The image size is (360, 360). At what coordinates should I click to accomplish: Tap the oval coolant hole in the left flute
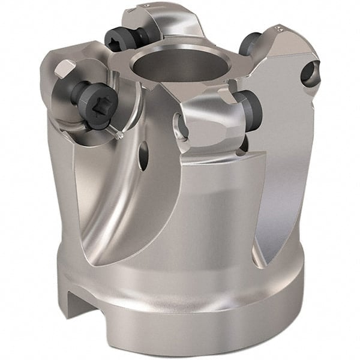pos(143,157)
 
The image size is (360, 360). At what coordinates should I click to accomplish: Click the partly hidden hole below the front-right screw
pos(243,144)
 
